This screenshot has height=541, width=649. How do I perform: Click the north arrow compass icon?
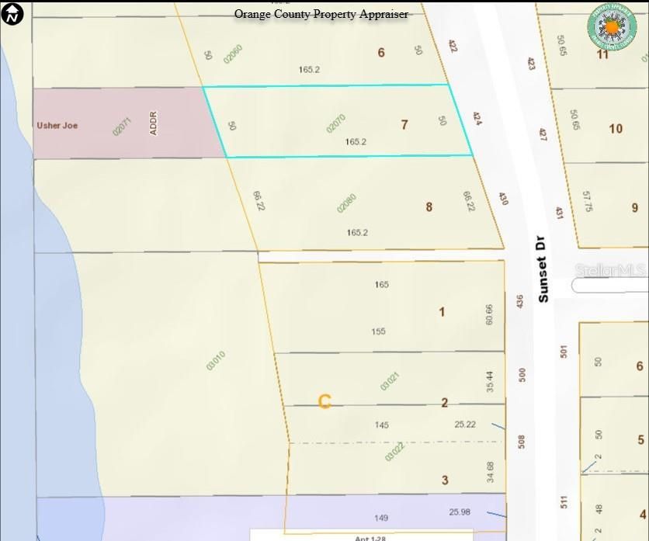[x=12, y=13]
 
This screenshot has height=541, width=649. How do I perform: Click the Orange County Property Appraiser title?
[x=321, y=14]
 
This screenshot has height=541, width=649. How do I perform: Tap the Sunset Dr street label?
[x=543, y=269]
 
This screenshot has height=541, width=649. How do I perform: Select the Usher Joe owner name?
[x=57, y=125]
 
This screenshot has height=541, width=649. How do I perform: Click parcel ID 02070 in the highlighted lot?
[x=336, y=124]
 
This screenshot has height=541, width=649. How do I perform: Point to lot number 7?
[x=404, y=124]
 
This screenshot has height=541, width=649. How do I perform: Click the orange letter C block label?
[x=325, y=401]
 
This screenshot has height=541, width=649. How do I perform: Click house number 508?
[x=522, y=442]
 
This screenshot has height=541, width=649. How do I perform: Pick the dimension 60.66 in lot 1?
[x=489, y=314]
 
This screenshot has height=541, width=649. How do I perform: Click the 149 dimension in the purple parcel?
[x=380, y=518]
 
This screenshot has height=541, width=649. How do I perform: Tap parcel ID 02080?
[x=346, y=203]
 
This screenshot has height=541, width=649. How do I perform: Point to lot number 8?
[x=429, y=206]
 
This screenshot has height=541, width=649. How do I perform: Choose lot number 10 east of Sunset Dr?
[x=616, y=128]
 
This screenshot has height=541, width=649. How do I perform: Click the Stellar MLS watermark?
[x=610, y=270]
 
